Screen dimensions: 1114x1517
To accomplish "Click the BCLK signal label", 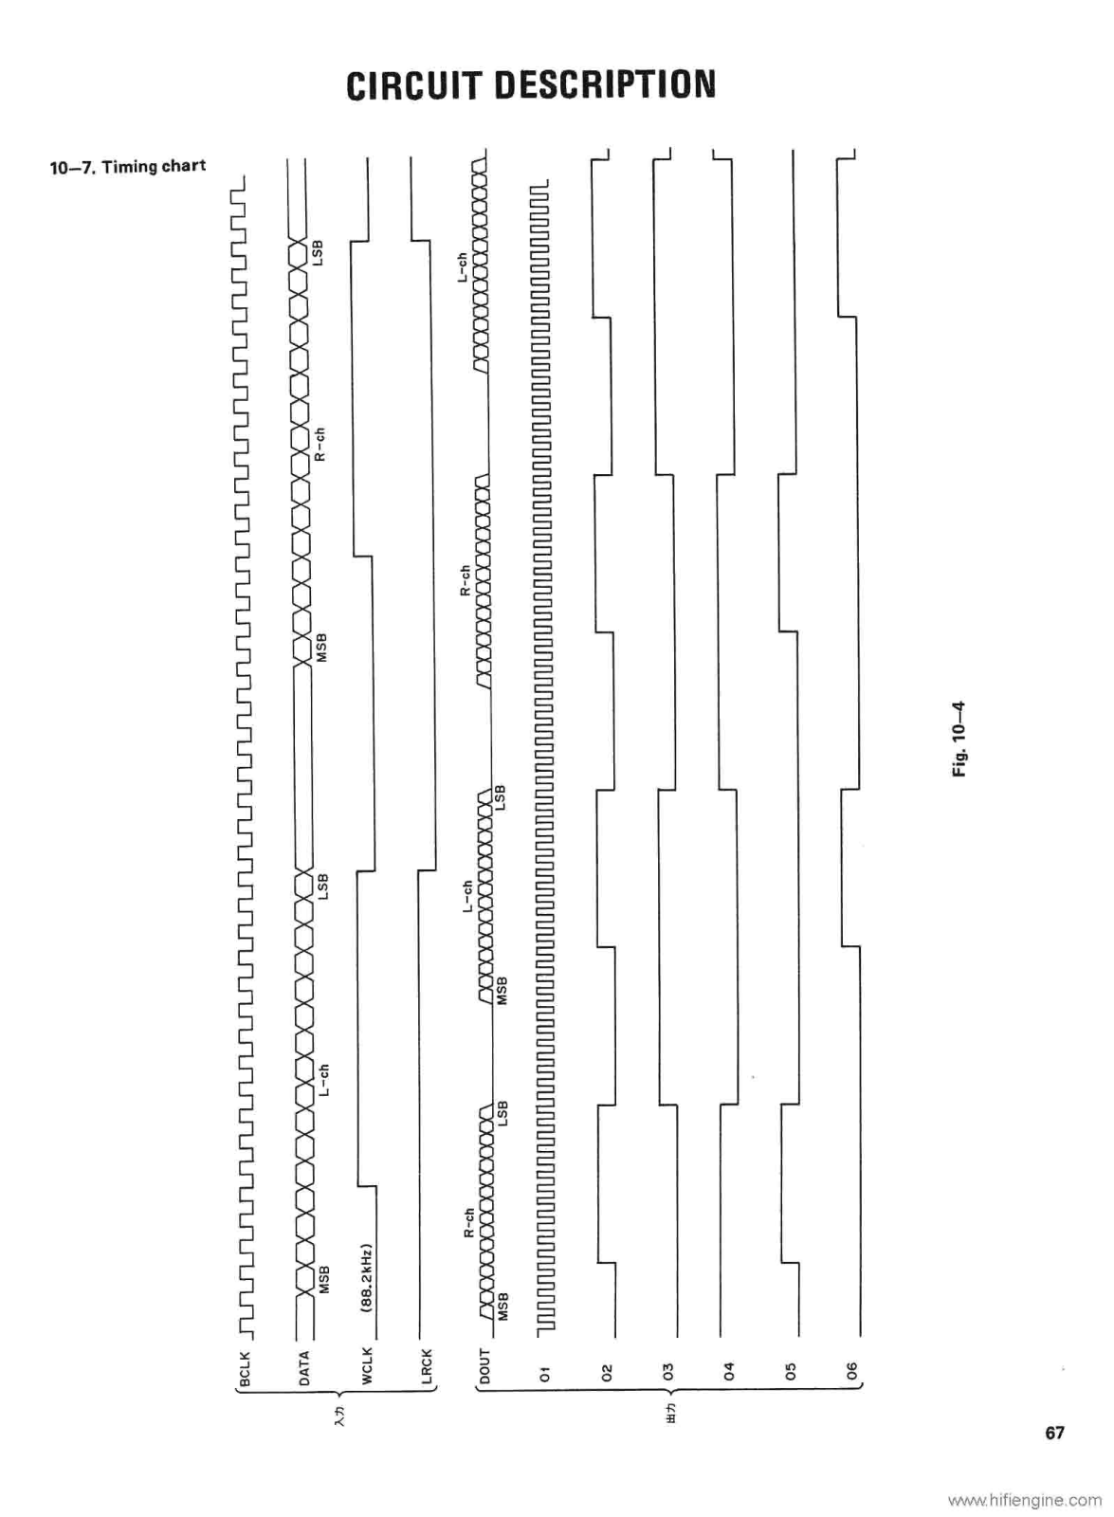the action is (245, 1367).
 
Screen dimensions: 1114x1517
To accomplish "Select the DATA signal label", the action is (304, 1367).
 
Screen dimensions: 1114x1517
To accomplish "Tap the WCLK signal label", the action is (367, 1367).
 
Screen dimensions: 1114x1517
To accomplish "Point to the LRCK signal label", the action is (426, 1367).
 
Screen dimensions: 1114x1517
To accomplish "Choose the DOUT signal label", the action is (484, 1367).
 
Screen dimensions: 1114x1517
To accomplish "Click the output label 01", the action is (544, 1370).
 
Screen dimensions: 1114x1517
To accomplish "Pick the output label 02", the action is (608, 1370).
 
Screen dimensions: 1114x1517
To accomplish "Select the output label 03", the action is (667, 1370).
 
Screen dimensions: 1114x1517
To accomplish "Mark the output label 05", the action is (792, 1370).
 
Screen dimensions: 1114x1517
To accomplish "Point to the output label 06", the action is (851, 1370).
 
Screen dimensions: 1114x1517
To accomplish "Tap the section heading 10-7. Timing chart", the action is (128, 167).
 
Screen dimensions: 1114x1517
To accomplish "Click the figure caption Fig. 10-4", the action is (959, 739).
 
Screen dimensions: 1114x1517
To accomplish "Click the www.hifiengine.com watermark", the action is (1024, 1500).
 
